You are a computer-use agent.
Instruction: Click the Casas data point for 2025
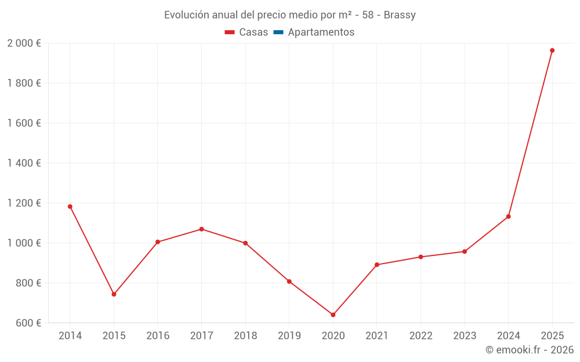pos(552,50)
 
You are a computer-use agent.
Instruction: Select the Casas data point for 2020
pos(333,315)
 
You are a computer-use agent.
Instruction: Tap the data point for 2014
pos(70,206)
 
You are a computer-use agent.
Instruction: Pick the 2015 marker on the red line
pos(114,294)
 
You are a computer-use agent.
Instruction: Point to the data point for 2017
pos(201,229)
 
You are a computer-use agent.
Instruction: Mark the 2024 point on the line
pos(508,217)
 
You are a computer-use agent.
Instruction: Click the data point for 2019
pos(289,281)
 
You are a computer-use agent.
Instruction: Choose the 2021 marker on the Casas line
pos(377,265)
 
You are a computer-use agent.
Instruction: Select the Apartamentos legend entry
pos(321,32)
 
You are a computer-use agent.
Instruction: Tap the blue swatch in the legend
pos(278,32)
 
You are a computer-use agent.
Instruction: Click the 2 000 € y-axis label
pos(24,43)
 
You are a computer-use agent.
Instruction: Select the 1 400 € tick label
pos(24,163)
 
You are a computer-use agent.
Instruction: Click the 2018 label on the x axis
pos(245,336)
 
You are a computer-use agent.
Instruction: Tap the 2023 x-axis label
pos(464,336)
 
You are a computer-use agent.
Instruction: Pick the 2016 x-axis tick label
pos(158,336)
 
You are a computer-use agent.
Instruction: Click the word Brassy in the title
pos(400,15)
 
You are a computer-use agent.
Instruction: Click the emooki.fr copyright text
pos(530,350)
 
